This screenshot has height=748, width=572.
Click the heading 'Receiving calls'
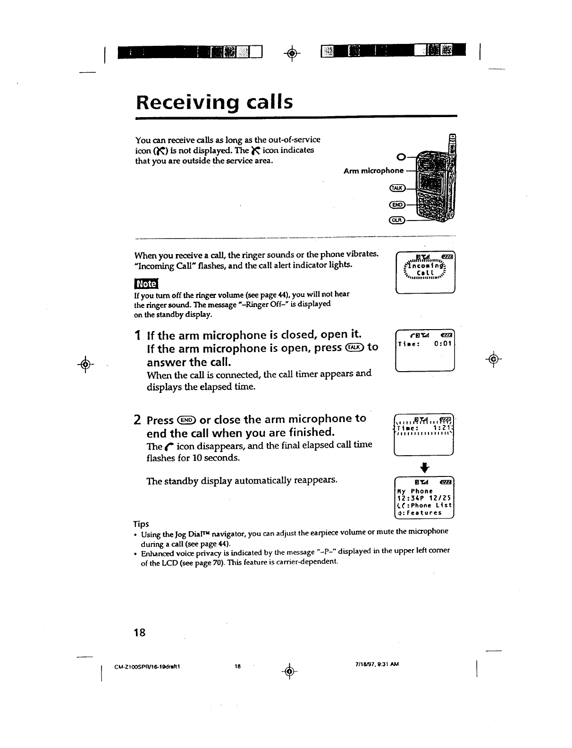214,102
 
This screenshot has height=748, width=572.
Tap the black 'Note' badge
146,283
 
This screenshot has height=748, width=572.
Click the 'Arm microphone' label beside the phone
373,170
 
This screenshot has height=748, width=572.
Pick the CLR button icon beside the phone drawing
396,220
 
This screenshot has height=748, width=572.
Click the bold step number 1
137,336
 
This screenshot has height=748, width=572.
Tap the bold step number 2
137,420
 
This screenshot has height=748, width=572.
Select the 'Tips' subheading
141,524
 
